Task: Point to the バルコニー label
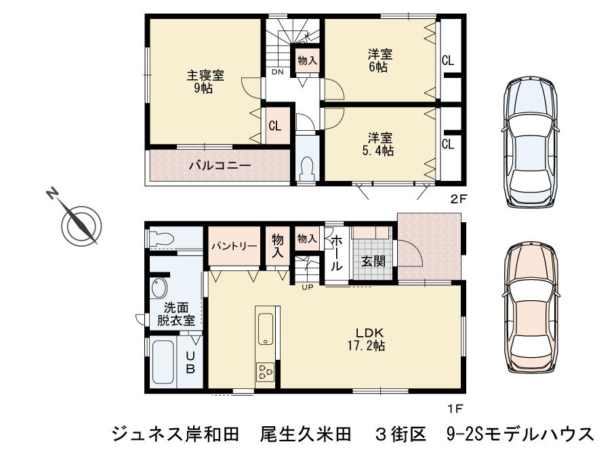point(220,165)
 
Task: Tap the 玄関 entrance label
point(372,261)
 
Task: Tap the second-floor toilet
point(307,167)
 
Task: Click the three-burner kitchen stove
point(265,372)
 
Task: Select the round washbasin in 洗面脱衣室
point(160,285)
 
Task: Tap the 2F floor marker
point(459,199)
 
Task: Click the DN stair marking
point(277,72)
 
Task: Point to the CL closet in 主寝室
point(274,126)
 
